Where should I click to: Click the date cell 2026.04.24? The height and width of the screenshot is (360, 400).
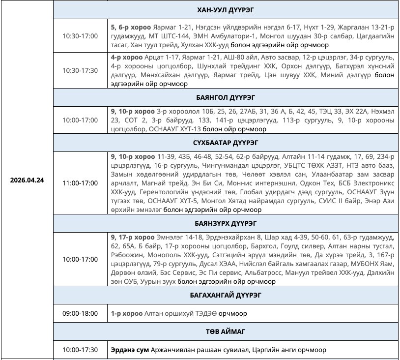point(27,180)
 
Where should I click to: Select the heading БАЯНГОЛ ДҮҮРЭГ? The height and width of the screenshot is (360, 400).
point(226,97)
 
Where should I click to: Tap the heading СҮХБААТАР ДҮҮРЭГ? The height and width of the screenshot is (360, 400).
point(226,143)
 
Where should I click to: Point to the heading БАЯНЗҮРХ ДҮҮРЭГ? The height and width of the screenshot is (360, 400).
point(226,223)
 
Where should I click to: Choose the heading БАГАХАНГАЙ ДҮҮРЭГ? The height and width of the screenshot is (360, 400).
point(226,296)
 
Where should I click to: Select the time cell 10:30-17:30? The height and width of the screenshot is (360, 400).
point(80,70)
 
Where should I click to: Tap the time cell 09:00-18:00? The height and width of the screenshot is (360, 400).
point(80,313)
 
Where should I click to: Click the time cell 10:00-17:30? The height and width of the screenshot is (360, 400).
point(80,350)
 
